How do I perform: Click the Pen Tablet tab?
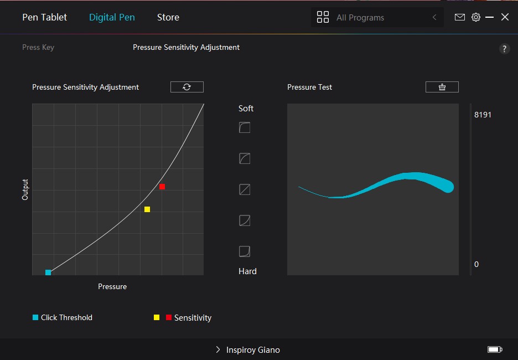pyautogui.click(x=44, y=17)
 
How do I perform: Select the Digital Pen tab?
pyautogui.click(x=112, y=17)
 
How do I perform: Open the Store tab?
pyautogui.click(x=168, y=17)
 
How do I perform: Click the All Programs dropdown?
pyautogui.click(x=377, y=17)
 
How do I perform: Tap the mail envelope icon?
pyautogui.click(x=459, y=17)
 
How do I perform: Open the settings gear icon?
pyautogui.click(x=475, y=17)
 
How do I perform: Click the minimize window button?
pyautogui.click(x=490, y=17)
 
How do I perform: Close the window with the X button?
pyautogui.click(x=505, y=17)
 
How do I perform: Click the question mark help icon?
pyautogui.click(x=504, y=49)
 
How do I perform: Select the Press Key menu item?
pyautogui.click(x=38, y=47)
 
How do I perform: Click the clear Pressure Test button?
pyautogui.click(x=442, y=87)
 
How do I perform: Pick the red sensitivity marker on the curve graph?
pyautogui.click(x=162, y=187)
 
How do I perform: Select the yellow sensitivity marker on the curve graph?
pyautogui.click(x=147, y=209)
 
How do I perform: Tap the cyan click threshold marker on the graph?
pyautogui.click(x=48, y=272)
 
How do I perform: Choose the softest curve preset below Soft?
pyautogui.click(x=245, y=128)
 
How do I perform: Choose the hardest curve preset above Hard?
pyautogui.click(x=245, y=251)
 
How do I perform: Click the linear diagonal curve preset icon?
pyautogui.click(x=245, y=189)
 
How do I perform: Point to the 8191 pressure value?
pyautogui.click(x=483, y=115)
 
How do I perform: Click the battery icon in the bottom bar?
pyautogui.click(x=495, y=349)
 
